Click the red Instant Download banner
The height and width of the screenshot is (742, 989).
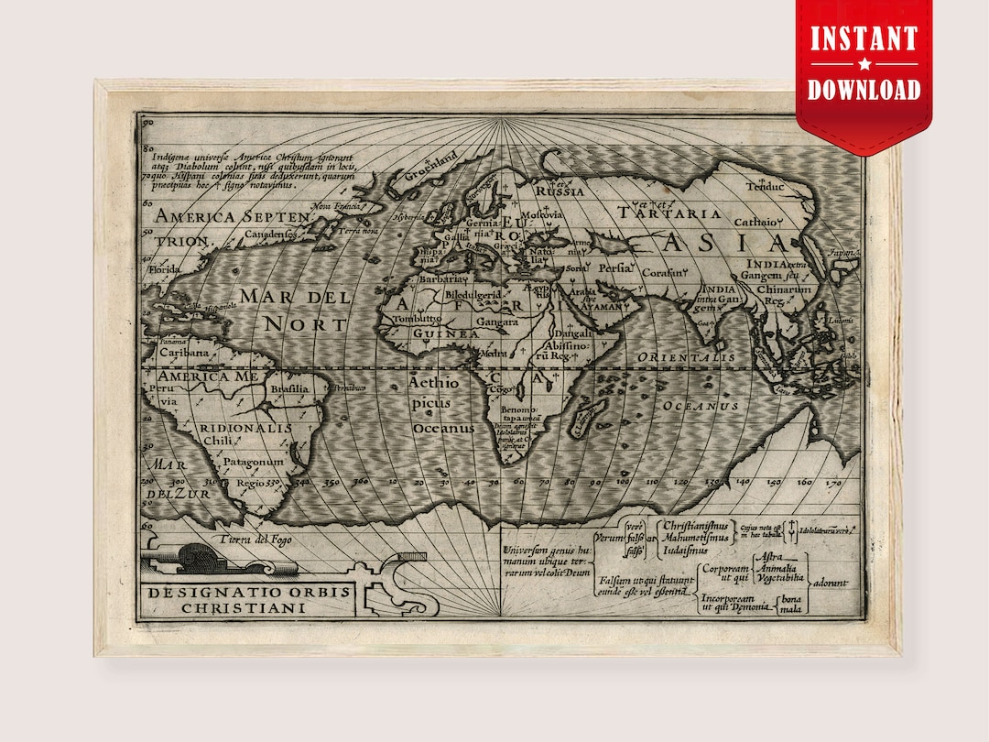[864, 64]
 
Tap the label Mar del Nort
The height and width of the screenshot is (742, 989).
[295, 310]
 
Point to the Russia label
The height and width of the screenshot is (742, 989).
[560, 191]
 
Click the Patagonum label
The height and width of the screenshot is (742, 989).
[255, 462]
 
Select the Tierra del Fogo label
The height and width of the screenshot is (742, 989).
[255, 539]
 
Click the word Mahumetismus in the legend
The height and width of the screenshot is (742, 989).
[695, 538]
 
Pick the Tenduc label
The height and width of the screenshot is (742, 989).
[765, 187]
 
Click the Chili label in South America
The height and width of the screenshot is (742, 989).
[218, 442]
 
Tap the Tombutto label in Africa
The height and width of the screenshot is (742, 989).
[417, 319]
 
